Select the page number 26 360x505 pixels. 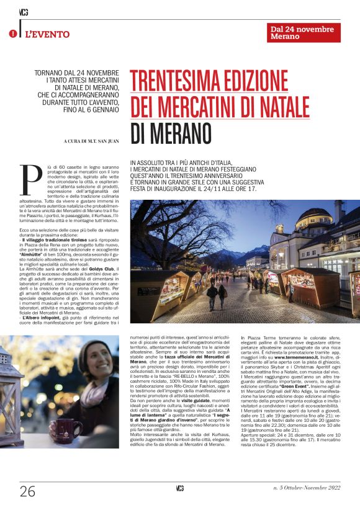[x=27, y=491]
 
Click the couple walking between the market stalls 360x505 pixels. [x=217, y=295]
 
